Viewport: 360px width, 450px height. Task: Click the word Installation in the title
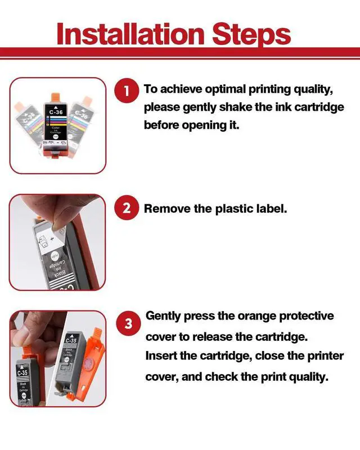coord(130,34)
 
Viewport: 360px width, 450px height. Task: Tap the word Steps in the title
coord(251,35)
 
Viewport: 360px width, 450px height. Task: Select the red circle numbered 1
coord(127,91)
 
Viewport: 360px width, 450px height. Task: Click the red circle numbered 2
coord(127,208)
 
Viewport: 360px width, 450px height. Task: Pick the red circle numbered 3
coord(128,323)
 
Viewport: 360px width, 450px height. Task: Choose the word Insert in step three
coord(161,356)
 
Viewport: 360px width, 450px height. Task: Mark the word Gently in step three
coord(163,316)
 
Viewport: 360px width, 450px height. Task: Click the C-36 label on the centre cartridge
coord(56,112)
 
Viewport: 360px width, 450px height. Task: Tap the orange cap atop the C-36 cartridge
coord(56,97)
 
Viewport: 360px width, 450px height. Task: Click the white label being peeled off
coord(52,238)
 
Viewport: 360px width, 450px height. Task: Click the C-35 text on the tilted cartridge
coord(71,340)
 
